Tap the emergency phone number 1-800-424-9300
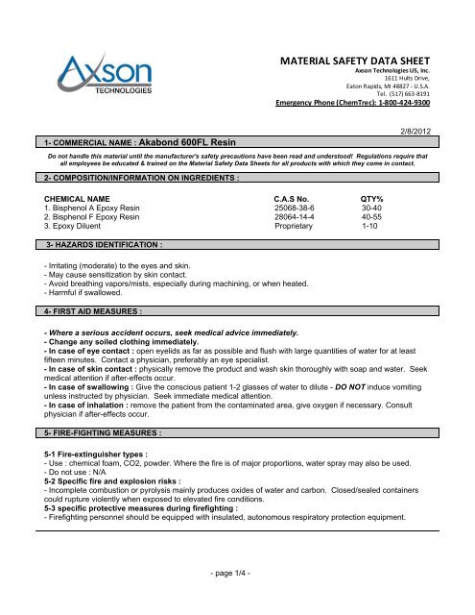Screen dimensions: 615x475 410,103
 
